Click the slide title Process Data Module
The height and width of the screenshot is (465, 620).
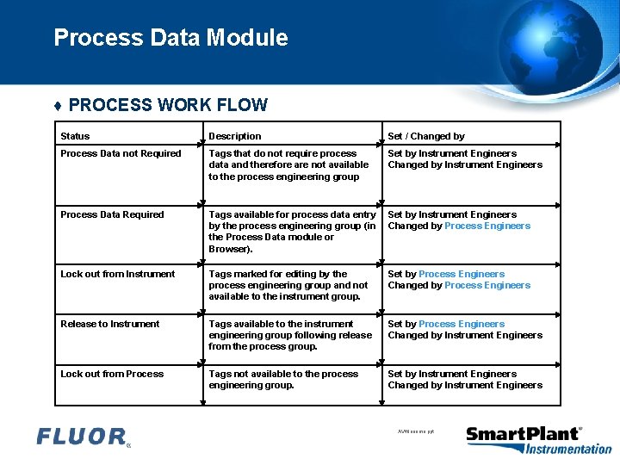[x=170, y=38]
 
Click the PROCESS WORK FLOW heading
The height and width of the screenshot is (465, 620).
[x=168, y=105]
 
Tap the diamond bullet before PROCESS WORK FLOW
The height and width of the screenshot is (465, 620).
[x=58, y=106]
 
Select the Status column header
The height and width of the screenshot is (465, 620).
[x=75, y=136]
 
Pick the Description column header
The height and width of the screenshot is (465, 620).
[x=234, y=136]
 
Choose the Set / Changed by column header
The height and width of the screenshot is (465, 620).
[x=425, y=136]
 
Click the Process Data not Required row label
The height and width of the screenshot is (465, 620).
[x=121, y=153]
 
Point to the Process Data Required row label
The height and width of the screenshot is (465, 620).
[x=112, y=214]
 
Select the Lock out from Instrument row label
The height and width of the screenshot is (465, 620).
[x=117, y=274]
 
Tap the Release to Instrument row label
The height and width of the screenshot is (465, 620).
[x=109, y=324]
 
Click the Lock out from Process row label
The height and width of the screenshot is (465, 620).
[x=112, y=374]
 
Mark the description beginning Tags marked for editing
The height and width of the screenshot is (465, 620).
[x=288, y=285]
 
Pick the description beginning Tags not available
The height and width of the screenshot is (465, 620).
[x=283, y=380]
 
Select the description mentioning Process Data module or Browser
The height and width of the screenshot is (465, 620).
[x=292, y=232]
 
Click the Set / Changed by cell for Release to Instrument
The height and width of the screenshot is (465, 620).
[x=465, y=330]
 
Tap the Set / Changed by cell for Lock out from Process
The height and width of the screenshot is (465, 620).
[x=465, y=380]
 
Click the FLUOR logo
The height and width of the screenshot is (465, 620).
[x=83, y=437]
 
